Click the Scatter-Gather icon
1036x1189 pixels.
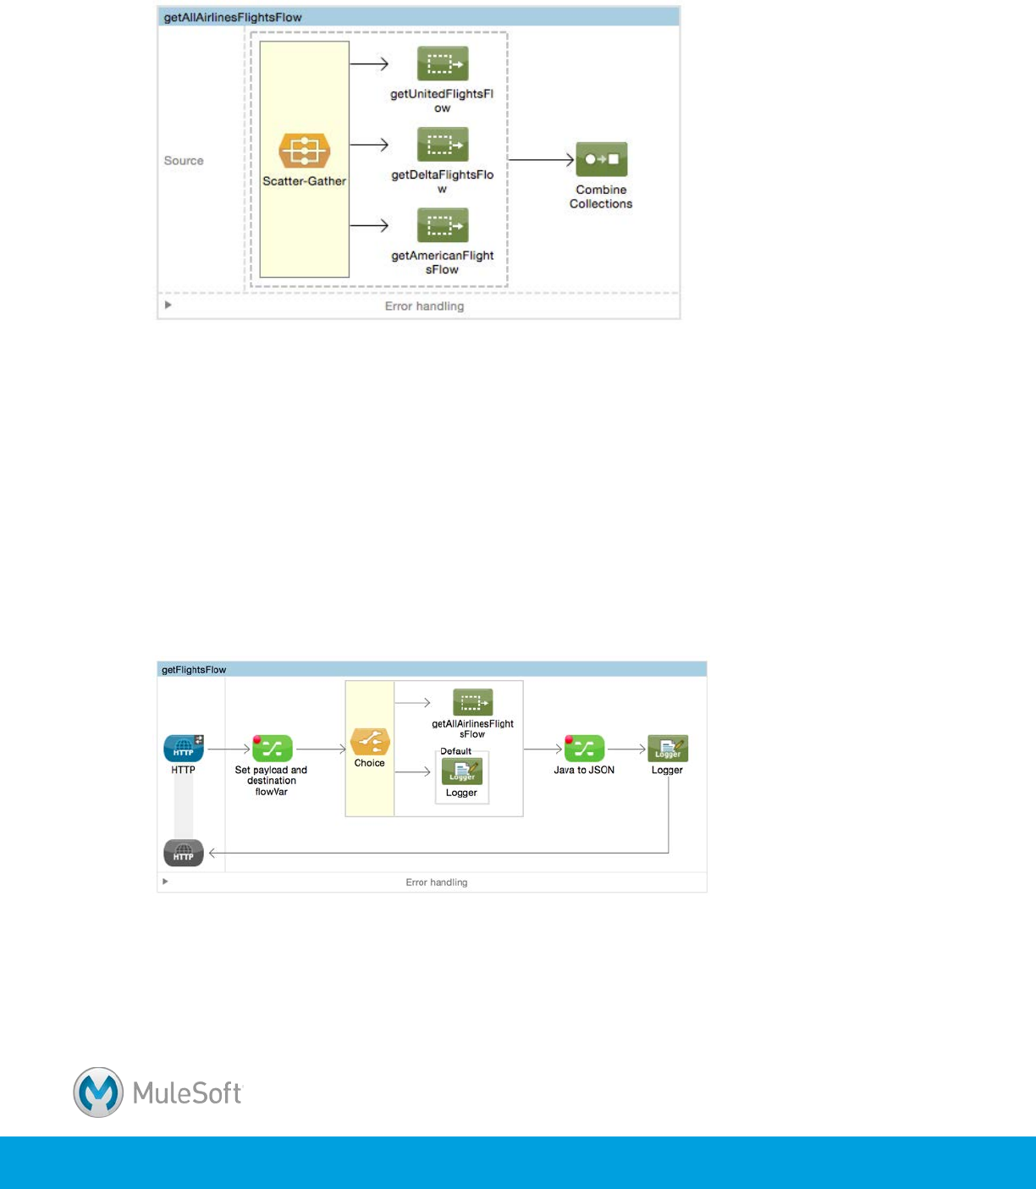[304, 151]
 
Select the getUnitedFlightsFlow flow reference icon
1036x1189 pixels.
[443, 64]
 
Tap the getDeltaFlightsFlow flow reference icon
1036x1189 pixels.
[443, 144]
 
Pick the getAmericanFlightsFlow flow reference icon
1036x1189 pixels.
[443, 225]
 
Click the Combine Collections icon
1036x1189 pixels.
[601, 159]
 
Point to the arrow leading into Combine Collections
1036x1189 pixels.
[542, 159]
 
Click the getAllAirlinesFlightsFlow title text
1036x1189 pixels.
[233, 17]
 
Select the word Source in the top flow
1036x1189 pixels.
[184, 160]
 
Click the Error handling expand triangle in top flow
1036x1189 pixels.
[168, 305]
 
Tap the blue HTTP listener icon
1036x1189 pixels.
[184, 749]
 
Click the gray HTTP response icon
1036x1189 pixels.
[184, 853]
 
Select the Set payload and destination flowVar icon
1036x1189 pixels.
[272, 749]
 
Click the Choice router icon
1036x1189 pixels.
[370, 742]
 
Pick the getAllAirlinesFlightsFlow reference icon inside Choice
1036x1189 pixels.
[472, 702]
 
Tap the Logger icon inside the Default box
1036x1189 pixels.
[462, 771]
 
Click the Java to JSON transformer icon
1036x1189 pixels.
[584, 749]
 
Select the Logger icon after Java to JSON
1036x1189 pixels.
[668, 749]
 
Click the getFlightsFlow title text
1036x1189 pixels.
[194, 670]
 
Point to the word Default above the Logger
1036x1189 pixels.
[455, 751]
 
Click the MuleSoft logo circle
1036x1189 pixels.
[98, 1092]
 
